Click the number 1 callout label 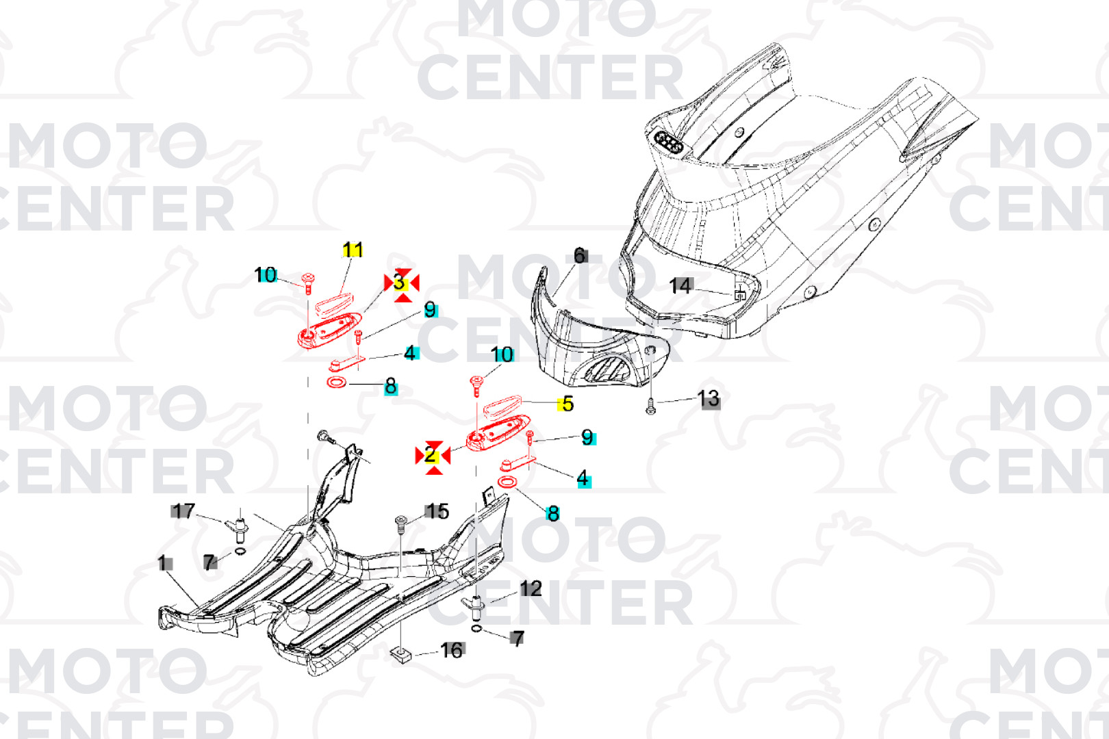[x=164, y=563]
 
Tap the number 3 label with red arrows [x=400, y=283]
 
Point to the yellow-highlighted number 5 [x=566, y=404]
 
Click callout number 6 [x=579, y=256]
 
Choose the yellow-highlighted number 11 [x=353, y=250]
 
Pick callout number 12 [x=531, y=588]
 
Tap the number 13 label [x=709, y=399]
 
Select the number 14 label [x=680, y=285]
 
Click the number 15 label [x=437, y=511]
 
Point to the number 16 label [x=452, y=650]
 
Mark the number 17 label [x=183, y=511]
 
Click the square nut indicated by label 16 [x=400, y=656]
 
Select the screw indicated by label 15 [x=400, y=523]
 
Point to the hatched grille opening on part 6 [x=606, y=371]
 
